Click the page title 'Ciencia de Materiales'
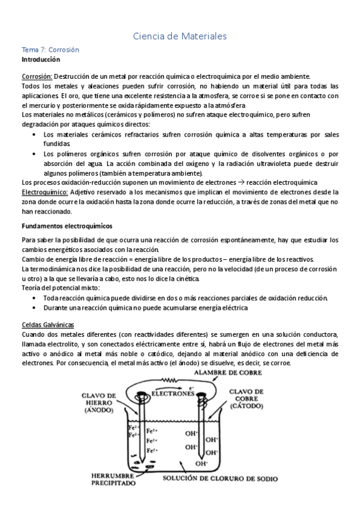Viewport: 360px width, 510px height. click(x=180, y=37)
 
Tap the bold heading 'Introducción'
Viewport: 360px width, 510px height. click(x=41, y=60)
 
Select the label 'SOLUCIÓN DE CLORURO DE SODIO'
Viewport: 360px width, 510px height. click(x=221, y=479)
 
